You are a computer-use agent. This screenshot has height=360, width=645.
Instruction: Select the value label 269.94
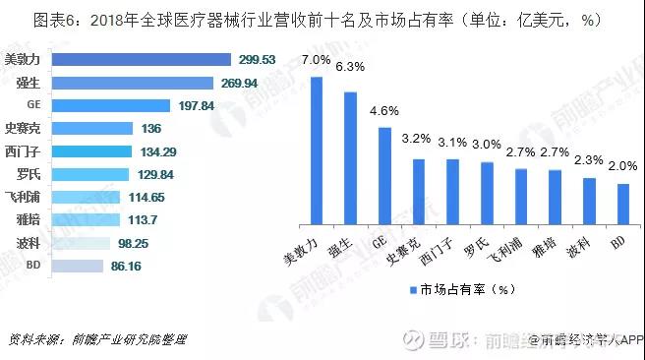(x=241, y=84)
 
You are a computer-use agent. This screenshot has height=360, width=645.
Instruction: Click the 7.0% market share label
(x=317, y=60)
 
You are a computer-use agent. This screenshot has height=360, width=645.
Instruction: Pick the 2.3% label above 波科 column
(x=588, y=160)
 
